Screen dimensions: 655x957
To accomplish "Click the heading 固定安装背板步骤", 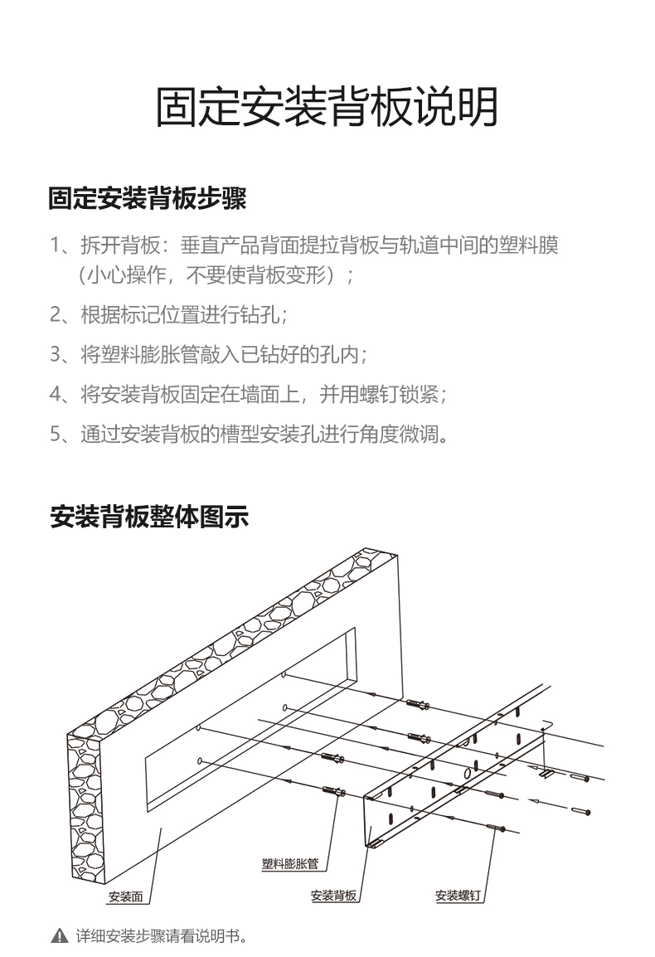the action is (148, 199).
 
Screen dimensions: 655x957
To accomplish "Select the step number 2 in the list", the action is (56, 316).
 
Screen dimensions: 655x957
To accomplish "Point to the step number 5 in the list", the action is (56, 434).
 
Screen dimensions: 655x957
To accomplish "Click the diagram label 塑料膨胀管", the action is (290, 865).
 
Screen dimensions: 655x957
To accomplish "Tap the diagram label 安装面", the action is (126, 896).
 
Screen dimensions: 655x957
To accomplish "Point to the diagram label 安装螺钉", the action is (458, 896).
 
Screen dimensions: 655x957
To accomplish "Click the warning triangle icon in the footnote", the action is (59, 936).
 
